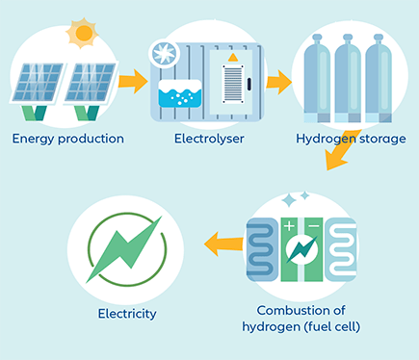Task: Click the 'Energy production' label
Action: pos(68,139)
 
